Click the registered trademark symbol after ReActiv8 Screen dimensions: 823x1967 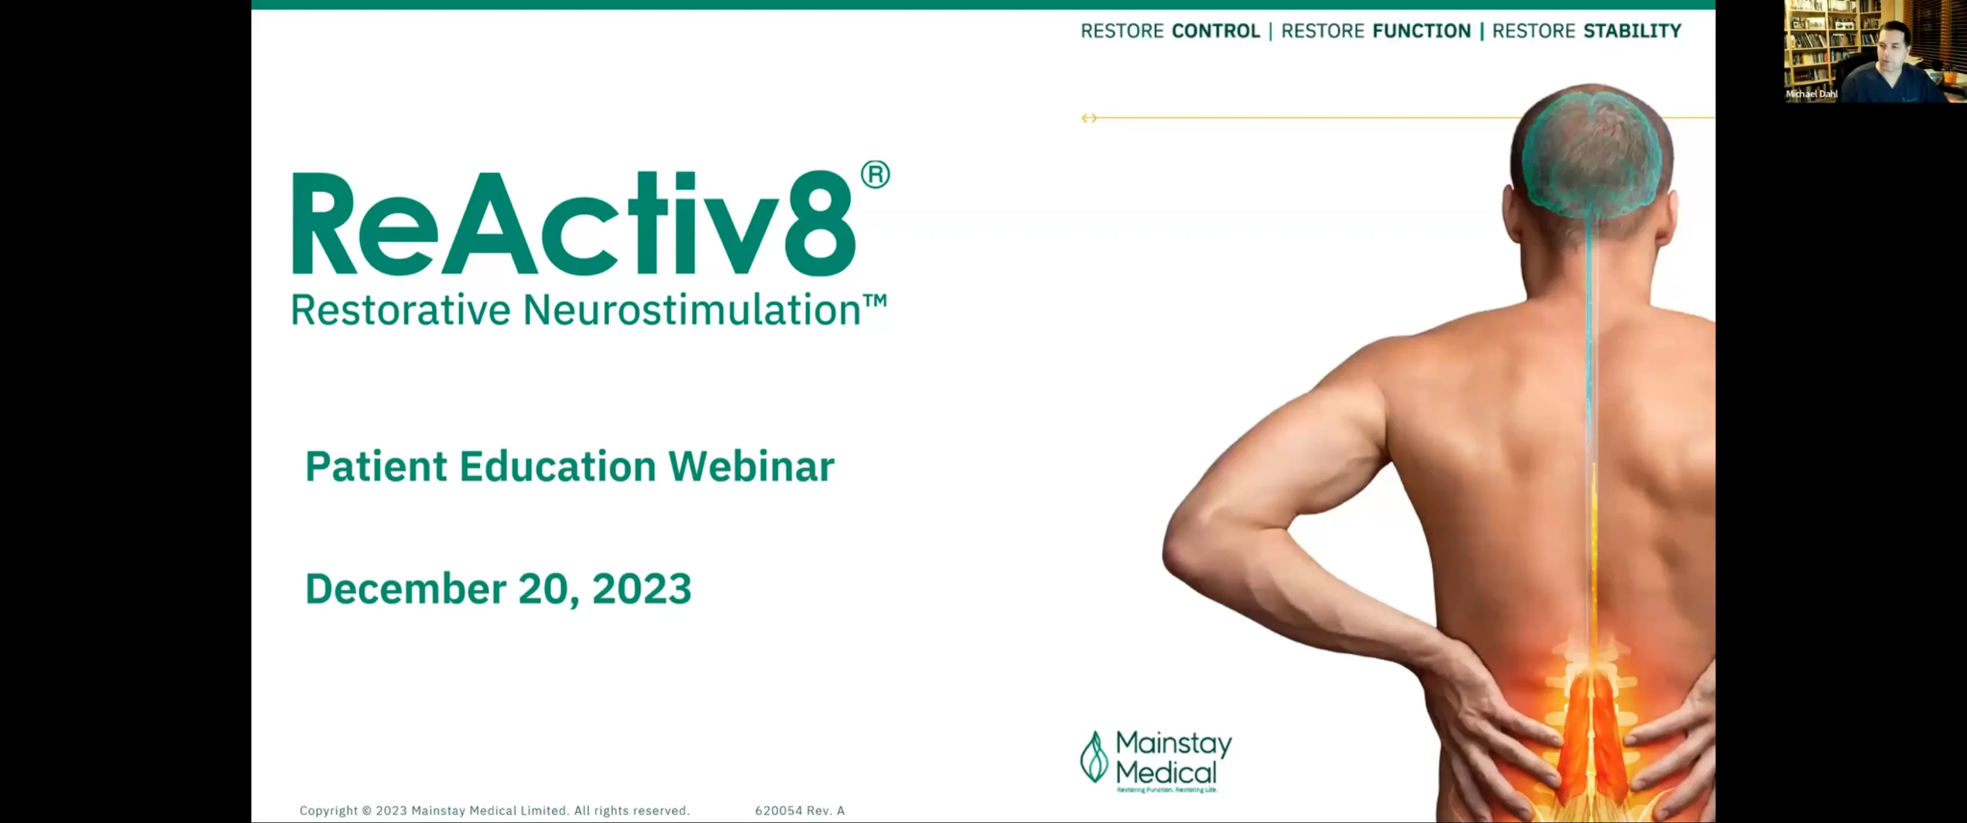pos(875,175)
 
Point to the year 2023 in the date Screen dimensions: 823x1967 pos(642,589)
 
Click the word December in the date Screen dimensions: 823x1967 pos(405,589)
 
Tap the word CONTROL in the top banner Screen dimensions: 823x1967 pos(1215,31)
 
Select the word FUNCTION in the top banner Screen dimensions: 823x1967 pos(1421,31)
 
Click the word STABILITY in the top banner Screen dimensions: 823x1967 pos(1632,31)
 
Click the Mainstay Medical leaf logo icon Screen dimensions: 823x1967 pos(1093,757)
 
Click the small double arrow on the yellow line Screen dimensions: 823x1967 pos(1089,118)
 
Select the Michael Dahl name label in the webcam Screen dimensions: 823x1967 pos(1811,94)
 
